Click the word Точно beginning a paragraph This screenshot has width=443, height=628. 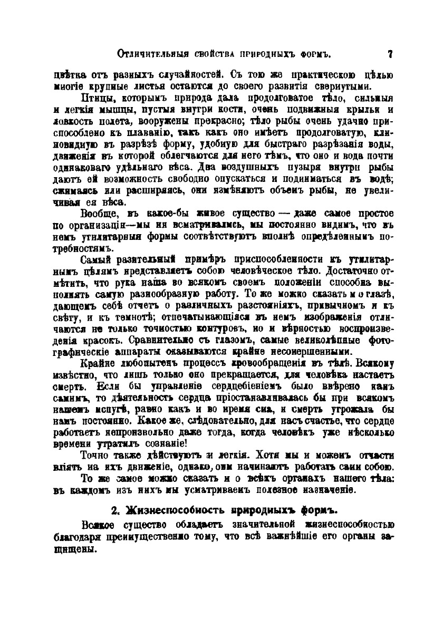click(x=95, y=455)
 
